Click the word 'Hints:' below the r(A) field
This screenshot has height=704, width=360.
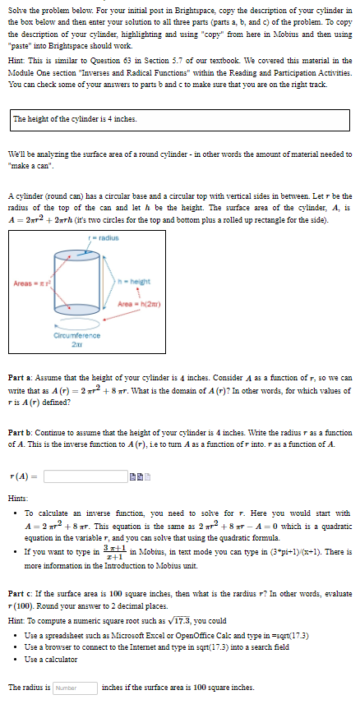pos(18,498)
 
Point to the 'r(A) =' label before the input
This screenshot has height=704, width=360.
pos(25,476)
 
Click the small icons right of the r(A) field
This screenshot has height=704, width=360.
pos(141,476)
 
